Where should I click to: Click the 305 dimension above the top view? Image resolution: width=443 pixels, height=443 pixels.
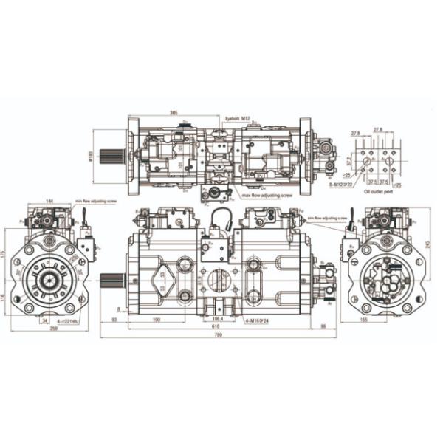coord(174,113)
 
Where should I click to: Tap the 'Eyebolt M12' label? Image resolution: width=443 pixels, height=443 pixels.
coord(238,117)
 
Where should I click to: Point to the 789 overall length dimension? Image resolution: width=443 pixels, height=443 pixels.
coord(219,337)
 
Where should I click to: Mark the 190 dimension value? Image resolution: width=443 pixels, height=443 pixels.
coord(157,320)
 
